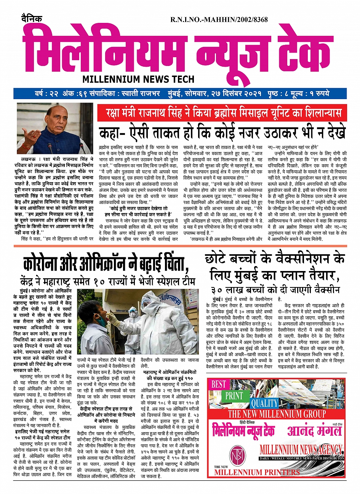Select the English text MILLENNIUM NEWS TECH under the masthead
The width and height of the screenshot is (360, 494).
tap(138, 79)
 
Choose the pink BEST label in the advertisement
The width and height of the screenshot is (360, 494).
tap(219, 384)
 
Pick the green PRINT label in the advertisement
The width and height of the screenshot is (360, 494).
tap(234, 396)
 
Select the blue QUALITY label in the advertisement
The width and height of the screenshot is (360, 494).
tap(264, 403)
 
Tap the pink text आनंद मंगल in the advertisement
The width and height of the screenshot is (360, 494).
tap(314, 431)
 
